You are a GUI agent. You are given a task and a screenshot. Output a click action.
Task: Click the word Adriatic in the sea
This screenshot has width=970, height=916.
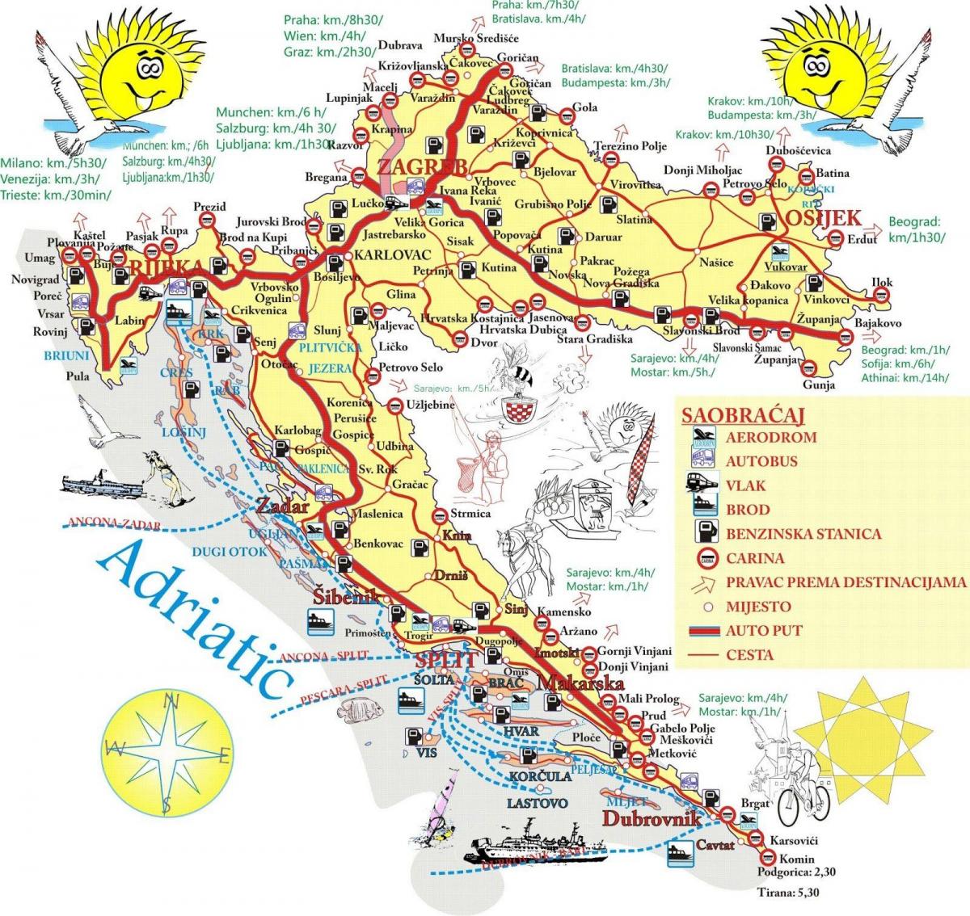coord(200,616)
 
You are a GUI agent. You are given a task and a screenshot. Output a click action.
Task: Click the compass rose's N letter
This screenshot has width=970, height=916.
coord(172,703)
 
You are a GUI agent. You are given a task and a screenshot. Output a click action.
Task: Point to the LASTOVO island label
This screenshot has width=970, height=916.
coord(537,803)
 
